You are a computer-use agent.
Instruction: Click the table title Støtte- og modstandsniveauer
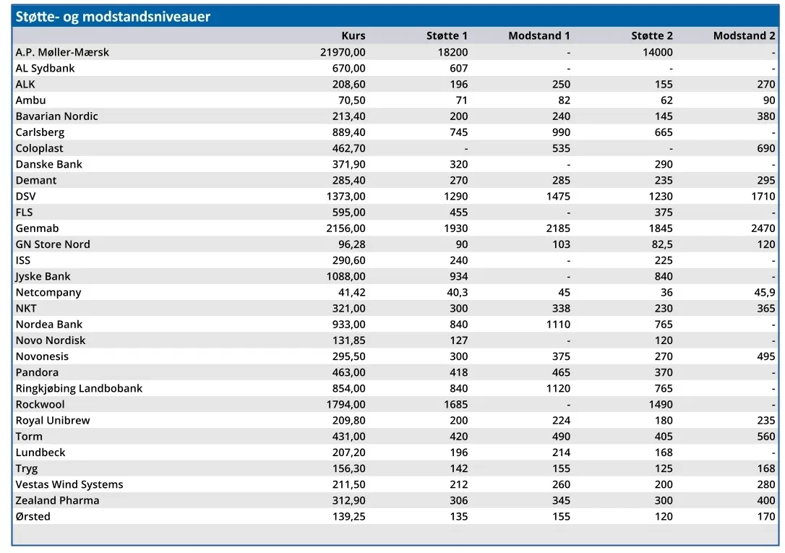[113, 17]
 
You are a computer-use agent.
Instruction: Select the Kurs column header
[353, 35]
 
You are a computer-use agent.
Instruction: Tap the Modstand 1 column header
[539, 35]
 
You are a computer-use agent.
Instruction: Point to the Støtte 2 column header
[652, 35]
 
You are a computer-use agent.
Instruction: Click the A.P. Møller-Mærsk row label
[62, 52]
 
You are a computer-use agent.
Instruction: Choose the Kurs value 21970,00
[343, 52]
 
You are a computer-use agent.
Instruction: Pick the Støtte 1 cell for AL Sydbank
[458, 68]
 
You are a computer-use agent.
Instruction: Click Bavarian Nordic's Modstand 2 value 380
[766, 116]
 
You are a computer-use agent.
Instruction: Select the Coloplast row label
[40, 148]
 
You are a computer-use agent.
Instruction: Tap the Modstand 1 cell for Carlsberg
[561, 132]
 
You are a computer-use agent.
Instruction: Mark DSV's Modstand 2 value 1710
[763, 196]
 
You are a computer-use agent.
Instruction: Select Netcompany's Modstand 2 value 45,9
[765, 292]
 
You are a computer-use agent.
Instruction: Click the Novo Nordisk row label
[51, 340]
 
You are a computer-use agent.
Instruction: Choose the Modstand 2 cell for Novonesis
[766, 356]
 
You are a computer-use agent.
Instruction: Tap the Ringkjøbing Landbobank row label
[79, 388]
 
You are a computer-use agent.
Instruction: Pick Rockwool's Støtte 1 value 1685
[455, 404]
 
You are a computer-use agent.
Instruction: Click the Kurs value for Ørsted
[349, 516]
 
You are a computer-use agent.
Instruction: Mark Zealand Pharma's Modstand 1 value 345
[561, 500]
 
